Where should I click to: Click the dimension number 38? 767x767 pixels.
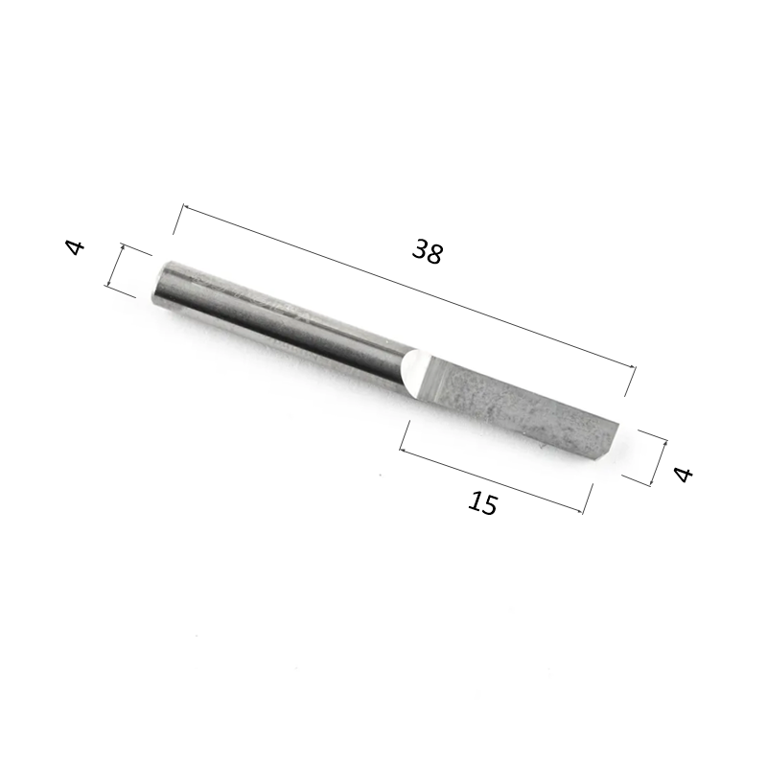click(x=428, y=252)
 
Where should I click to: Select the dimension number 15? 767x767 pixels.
click(x=484, y=502)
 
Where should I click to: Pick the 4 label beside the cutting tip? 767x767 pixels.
click(x=683, y=473)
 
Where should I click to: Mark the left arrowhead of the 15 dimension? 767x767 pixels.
click(x=404, y=448)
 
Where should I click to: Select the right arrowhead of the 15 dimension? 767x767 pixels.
click(x=582, y=511)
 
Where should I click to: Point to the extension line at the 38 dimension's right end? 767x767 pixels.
click(x=630, y=381)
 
